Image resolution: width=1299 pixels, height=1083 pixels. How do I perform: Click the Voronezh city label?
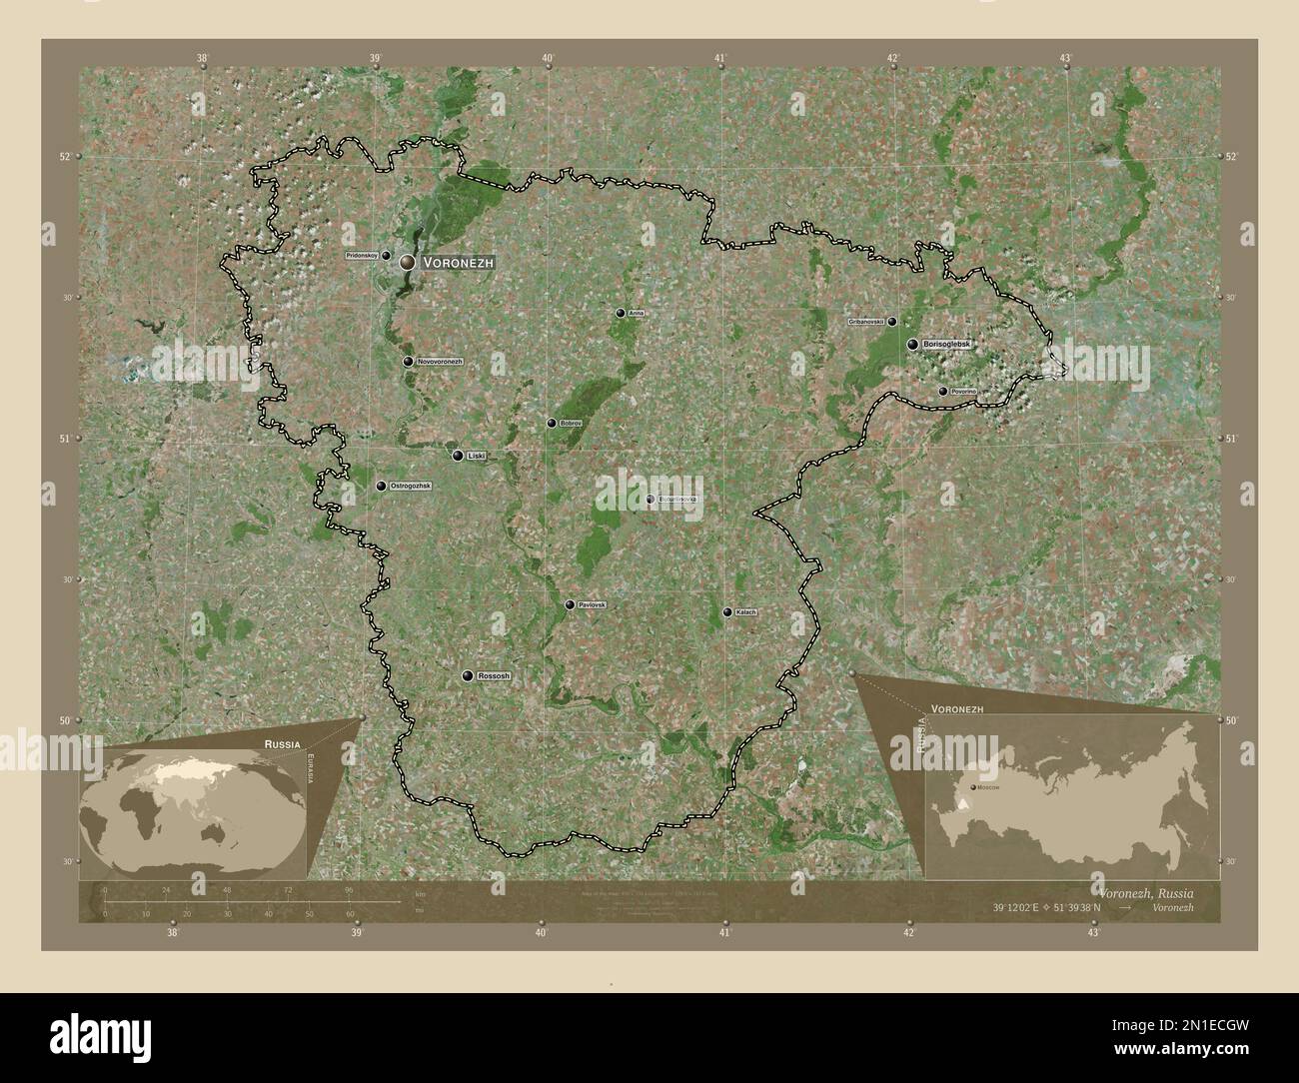click(458, 262)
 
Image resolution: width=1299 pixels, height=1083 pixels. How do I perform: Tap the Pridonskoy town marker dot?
click(386, 256)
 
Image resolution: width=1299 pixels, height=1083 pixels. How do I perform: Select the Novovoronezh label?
click(440, 362)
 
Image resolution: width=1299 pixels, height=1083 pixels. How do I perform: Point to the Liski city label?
click(476, 456)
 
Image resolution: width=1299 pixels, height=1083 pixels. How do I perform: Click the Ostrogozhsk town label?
click(410, 486)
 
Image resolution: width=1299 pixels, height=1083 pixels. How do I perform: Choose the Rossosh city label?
click(494, 676)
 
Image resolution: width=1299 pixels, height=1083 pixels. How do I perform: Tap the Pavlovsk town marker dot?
click(570, 604)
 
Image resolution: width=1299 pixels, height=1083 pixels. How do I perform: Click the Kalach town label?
click(745, 611)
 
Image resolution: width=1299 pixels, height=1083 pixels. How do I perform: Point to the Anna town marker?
click(621, 313)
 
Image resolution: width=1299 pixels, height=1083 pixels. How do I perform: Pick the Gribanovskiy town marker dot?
click(892, 322)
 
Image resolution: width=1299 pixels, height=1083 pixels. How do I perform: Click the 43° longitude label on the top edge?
click(1066, 59)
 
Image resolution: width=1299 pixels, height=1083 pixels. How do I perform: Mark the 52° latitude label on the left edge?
click(64, 157)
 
